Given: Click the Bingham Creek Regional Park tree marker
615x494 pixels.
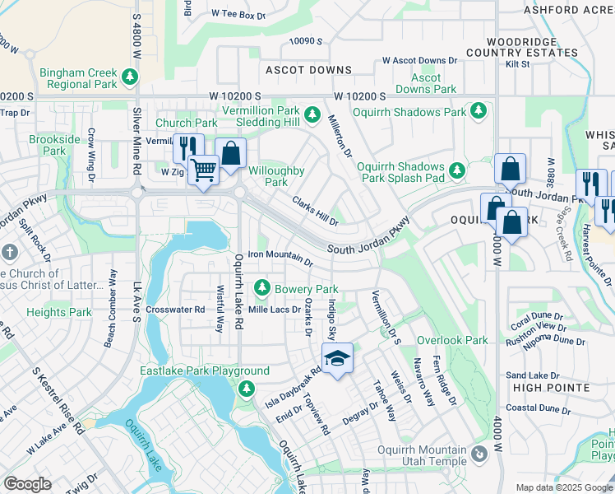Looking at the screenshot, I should click(129, 77).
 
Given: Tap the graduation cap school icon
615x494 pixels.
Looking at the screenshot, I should click(336, 359).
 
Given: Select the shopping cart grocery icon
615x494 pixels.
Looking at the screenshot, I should click(203, 170).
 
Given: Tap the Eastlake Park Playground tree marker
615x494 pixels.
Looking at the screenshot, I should click(245, 388).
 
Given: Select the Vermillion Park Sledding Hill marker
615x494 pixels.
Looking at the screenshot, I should click(312, 114).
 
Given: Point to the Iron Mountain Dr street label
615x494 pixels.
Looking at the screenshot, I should click(280, 257).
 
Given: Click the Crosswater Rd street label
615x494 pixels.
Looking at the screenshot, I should click(175, 310).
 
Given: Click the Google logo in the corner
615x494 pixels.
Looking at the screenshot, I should click(27, 484).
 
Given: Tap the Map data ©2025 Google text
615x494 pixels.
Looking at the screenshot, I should click(563, 487).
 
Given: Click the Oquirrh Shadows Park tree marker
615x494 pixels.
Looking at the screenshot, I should click(477, 111).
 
